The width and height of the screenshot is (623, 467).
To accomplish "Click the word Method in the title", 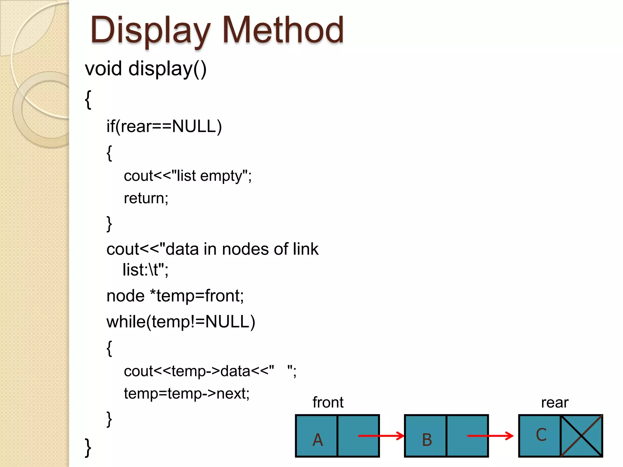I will pos(283,30).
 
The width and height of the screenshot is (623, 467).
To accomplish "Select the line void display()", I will pos(146,69).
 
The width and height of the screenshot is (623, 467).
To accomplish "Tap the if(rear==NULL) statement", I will pos(164,126).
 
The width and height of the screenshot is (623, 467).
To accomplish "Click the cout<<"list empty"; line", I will pos(188,176).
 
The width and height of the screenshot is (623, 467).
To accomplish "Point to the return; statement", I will pos(146,198).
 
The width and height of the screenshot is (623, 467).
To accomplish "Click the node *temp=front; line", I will pos(175,296).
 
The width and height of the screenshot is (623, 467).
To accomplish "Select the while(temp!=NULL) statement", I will pos(181,322).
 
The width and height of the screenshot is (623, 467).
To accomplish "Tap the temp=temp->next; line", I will pos(186,393).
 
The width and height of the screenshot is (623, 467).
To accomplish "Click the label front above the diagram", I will pos(328,403).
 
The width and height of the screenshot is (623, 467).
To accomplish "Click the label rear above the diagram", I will pos(555,403).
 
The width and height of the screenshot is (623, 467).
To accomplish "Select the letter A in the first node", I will pos(318,440).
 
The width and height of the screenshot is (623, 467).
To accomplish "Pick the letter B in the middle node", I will pos(427,440).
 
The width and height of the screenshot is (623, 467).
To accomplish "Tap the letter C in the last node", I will pos(541,435).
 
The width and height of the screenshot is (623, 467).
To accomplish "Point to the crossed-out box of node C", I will pos(581,436).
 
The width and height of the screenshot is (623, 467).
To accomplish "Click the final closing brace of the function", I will pos(88,447).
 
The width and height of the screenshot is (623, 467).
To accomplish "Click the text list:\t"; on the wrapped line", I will pos(145,270).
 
